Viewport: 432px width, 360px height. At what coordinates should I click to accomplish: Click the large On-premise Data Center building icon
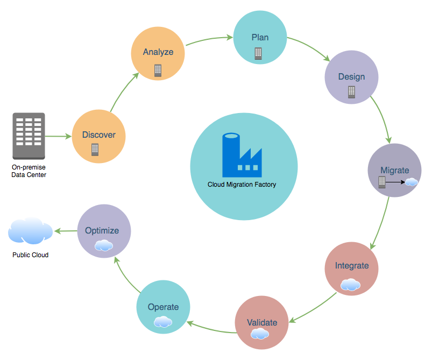tap(29, 136)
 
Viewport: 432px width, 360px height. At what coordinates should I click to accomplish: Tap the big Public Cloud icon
tap(30, 231)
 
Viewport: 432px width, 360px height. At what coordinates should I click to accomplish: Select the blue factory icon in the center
tap(242, 155)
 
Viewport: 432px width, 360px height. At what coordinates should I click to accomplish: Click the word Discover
tap(99, 135)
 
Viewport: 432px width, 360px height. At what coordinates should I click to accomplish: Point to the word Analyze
tap(158, 52)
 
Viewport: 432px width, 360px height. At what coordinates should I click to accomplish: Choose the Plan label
tap(260, 38)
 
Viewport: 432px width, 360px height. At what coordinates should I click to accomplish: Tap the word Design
tap(351, 77)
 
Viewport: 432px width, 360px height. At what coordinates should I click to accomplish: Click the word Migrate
tap(395, 171)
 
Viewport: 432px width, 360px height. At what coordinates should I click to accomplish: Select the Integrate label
tap(352, 266)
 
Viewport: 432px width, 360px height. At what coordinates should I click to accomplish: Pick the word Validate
tap(262, 322)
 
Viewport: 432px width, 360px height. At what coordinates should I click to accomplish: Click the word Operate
tap(163, 307)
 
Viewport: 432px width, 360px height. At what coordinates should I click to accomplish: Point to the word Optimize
tap(102, 231)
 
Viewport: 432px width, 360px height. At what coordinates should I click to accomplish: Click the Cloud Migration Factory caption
tap(242, 185)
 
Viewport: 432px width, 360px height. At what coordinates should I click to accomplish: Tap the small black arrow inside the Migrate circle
tap(395, 182)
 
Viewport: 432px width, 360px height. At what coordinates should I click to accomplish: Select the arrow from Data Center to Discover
tap(58, 136)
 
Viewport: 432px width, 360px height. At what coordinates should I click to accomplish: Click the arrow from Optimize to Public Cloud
tap(66, 231)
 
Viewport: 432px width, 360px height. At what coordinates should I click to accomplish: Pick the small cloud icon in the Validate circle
tap(259, 334)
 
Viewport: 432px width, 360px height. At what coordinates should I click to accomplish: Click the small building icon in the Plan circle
tap(258, 53)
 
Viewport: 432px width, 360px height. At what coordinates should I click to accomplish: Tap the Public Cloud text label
tap(30, 255)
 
